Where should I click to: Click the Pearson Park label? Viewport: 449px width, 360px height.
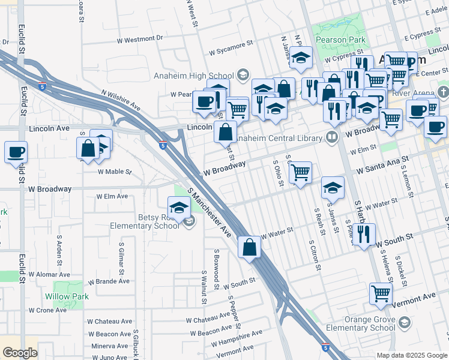click(x=340, y=40)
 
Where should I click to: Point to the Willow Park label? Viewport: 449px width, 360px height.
click(x=67, y=296)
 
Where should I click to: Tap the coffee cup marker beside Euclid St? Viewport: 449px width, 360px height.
click(x=16, y=152)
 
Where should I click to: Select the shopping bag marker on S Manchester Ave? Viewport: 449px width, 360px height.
click(x=250, y=246)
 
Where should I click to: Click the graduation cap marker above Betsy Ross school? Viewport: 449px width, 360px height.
click(x=179, y=208)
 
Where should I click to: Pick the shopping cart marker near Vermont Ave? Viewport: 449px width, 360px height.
click(x=381, y=293)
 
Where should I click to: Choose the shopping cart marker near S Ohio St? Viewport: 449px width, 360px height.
click(x=300, y=173)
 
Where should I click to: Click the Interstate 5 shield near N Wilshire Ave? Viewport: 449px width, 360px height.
click(x=41, y=86)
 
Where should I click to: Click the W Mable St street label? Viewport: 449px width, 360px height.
click(x=115, y=172)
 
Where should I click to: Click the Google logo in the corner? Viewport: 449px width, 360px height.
click(x=20, y=353)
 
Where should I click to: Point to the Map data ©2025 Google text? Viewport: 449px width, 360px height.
click(x=412, y=355)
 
